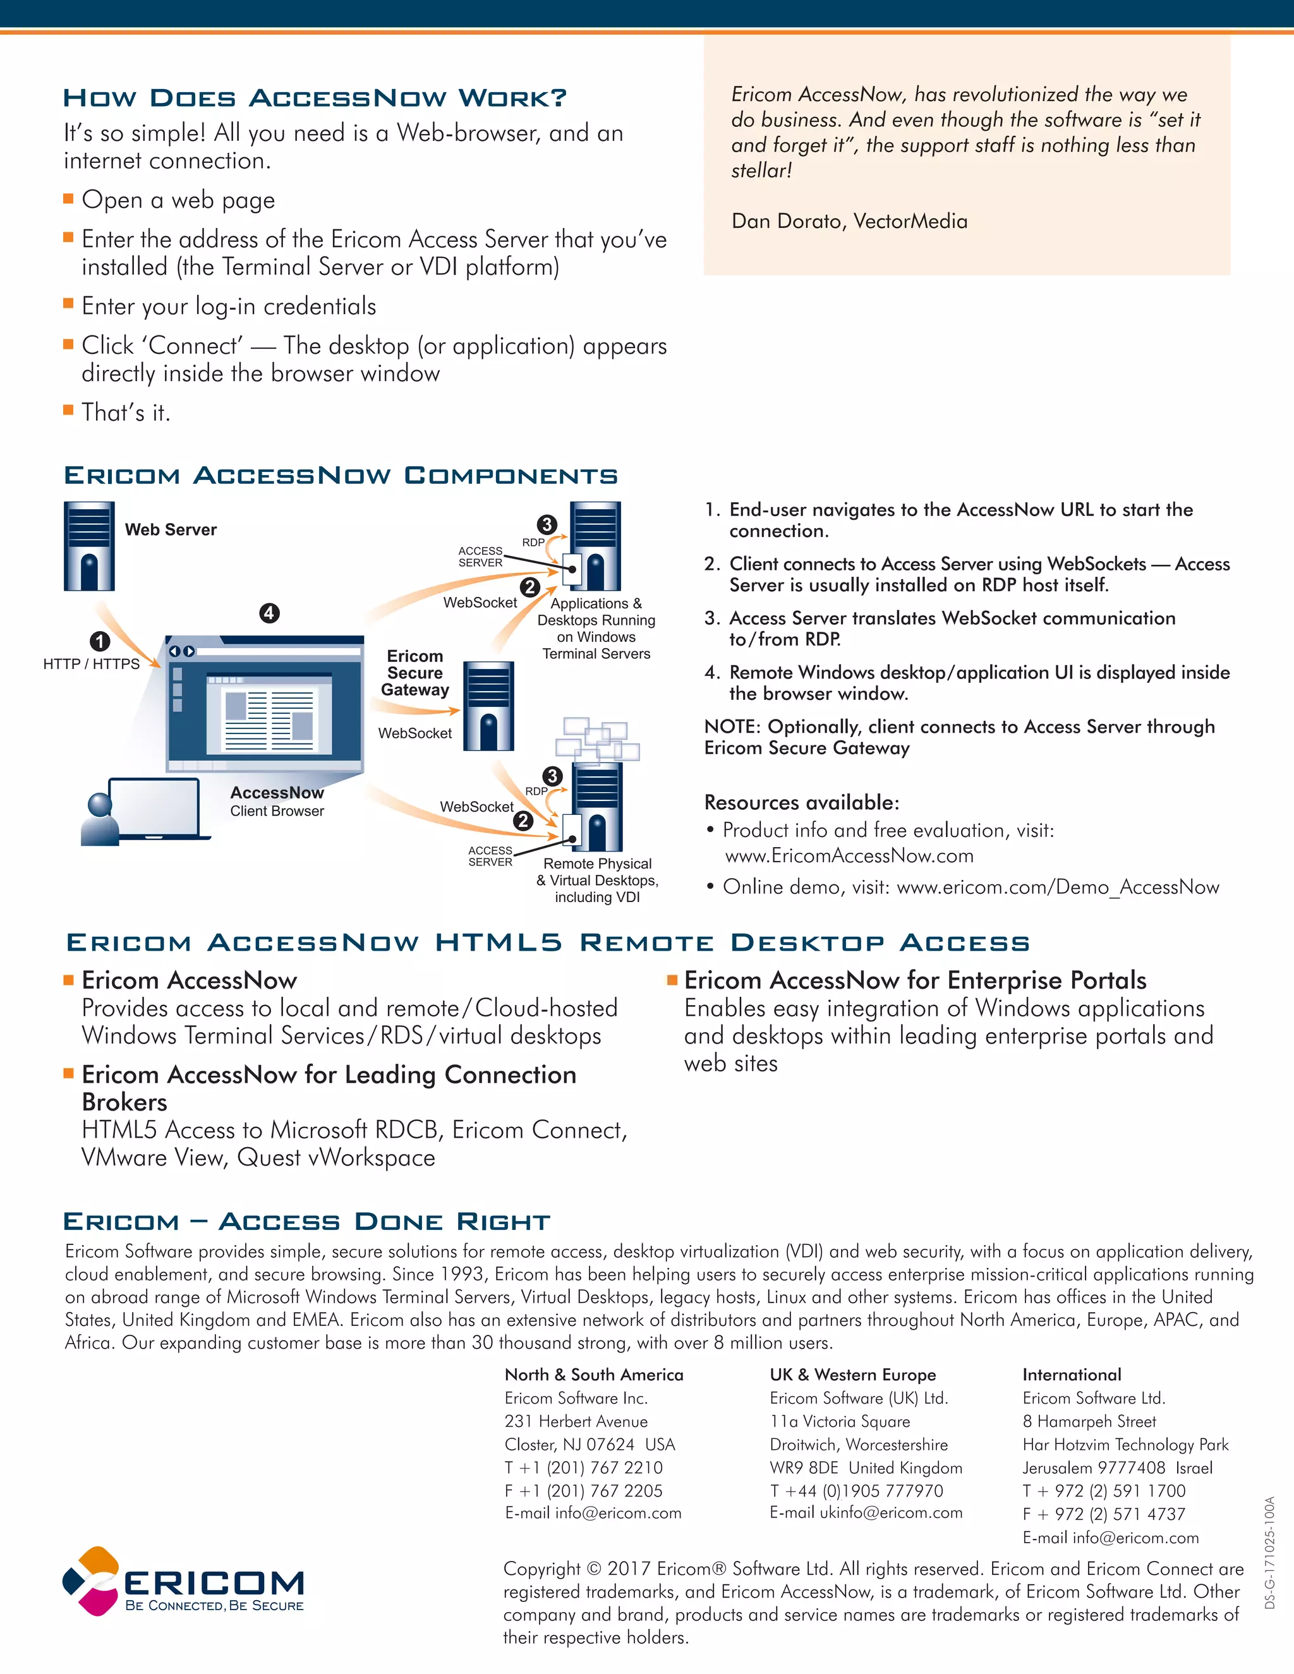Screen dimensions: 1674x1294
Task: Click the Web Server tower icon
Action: tap(89, 546)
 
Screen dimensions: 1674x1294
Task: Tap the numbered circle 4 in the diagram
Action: tap(269, 613)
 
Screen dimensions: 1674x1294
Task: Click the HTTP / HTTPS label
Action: tap(91, 664)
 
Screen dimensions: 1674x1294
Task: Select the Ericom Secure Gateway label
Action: tap(414, 673)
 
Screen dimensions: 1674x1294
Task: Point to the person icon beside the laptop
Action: tap(100, 819)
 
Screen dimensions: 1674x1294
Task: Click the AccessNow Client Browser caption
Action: tap(277, 801)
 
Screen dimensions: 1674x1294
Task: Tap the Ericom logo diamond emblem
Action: tap(91, 1581)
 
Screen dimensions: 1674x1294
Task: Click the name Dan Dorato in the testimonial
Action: tap(786, 222)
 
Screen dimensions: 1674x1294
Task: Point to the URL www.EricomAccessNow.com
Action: tap(849, 856)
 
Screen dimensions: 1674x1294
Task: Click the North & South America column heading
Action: tap(593, 1375)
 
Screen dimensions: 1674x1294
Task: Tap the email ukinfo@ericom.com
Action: tap(891, 1512)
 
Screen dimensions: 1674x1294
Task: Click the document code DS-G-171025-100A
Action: tap(1270, 1552)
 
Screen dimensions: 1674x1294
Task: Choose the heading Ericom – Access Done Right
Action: tap(306, 1222)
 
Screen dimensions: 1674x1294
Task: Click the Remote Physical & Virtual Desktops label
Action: tap(597, 880)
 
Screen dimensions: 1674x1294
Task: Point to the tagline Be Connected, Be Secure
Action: tap(215, 1606)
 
